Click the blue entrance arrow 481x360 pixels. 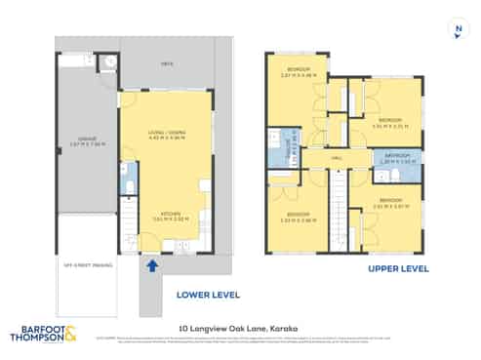[152, 263]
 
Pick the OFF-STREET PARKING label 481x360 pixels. [86, 264]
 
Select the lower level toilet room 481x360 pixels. [129, 179]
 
